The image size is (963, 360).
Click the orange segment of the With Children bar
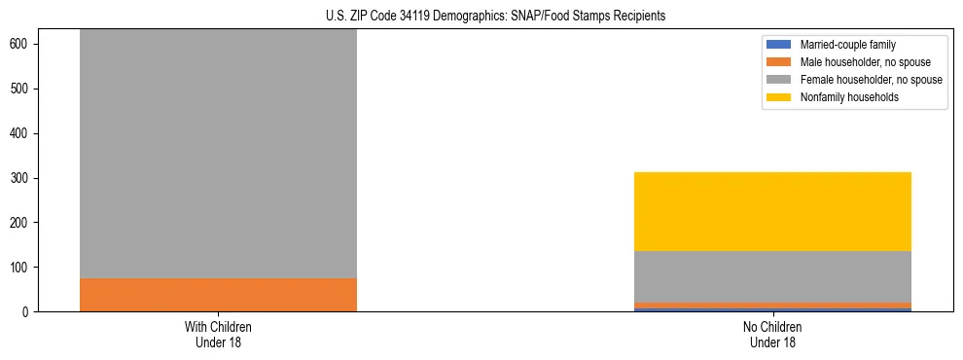(218, 295)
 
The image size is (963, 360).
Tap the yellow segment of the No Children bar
(772, 211)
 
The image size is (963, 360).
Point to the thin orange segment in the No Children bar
(772, 306)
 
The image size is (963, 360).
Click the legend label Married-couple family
(847, 45)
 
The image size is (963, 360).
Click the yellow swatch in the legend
(780, 97)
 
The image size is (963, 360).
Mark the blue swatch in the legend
(780, 45)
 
